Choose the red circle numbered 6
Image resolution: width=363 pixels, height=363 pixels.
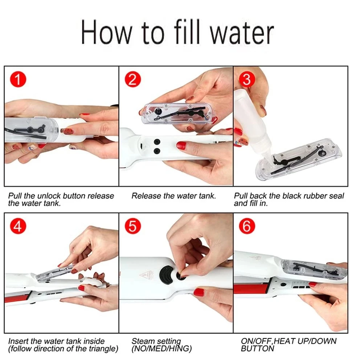click(x=247, y=227)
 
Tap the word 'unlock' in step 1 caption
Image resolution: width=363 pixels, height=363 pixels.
click(x=47, y=196)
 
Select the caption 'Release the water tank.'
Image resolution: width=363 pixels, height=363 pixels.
click(x=174, y=196)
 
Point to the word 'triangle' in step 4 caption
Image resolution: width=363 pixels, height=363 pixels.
click(x=103, y=349)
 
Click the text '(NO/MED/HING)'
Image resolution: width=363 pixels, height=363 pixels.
click(x=162, y=349)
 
